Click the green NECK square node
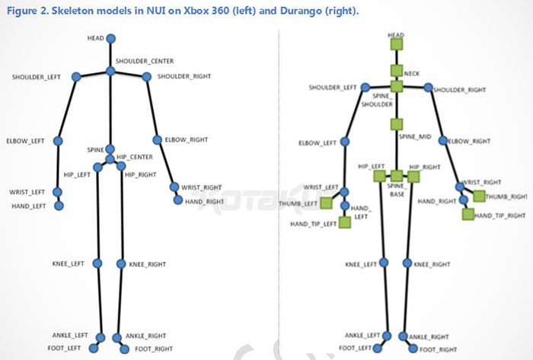click(x=397, y=71)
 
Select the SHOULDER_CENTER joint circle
click(x=110, y=72)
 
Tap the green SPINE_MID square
click(x=397, y=124)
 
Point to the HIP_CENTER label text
click(x=135, y=157)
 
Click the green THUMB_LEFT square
click(x=327, y=202)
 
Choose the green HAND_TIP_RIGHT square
click(x=468, y=214)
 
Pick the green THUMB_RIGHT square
click(x=479, y=196)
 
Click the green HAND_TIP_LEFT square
click(x=345, y=222)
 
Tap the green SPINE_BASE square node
click(x=397, y=176)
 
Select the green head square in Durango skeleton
click(x=397, y=44)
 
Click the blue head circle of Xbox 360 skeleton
click(x=111, y=38)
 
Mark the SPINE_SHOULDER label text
click(x=378, y=100)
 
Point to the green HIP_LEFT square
click(x=379, y=176)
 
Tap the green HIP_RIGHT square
click(x=413, y=177)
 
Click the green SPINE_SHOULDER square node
click(x=397, y=86)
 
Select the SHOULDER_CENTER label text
click(x=145, y=61)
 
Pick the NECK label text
click(x=412, y=74)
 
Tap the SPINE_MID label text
click(x=415, y=137)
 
